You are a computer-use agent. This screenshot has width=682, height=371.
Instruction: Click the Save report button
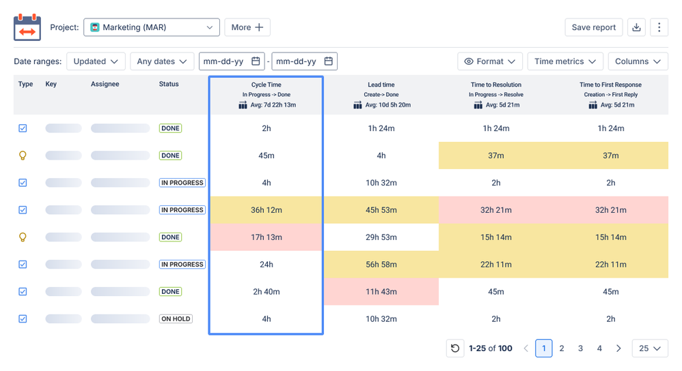[x=594, y=27]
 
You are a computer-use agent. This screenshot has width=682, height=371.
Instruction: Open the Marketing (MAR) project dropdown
[x=151, y=27]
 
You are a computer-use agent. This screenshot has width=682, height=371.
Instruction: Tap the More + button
[x=247, y=27]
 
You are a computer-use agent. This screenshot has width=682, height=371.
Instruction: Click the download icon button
[x=636, y=27]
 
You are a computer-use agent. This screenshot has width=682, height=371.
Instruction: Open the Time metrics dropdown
[x=565, y=61]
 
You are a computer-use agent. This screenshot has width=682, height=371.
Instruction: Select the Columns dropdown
[x=638, y=61]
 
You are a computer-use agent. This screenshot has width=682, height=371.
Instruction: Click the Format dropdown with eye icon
[x=490, y=61]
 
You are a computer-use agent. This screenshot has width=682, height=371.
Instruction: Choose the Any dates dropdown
[x=162, y=61]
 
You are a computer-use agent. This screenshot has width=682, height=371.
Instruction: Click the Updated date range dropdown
[x=96, y=61]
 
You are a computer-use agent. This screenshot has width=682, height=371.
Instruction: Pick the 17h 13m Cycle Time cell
[x=267, y=237]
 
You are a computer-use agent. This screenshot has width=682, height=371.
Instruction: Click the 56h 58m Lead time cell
[x=381, y=264]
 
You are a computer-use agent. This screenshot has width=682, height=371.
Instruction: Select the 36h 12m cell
[x=267, y=210]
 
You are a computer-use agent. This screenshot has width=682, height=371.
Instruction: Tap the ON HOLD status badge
[x=176, y=319]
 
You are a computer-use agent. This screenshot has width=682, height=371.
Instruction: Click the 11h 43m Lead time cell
[x=381, y=292]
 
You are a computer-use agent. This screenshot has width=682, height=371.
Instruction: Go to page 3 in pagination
[x=580, y=348]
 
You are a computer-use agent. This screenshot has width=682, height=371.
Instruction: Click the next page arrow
[x=618, y=348]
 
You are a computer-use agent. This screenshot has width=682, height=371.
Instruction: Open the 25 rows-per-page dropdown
[x=650, y=348]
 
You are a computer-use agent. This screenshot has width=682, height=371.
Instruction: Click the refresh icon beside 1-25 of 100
[x=455, y=348]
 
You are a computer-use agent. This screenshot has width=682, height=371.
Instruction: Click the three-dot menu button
[x=659, y=27]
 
